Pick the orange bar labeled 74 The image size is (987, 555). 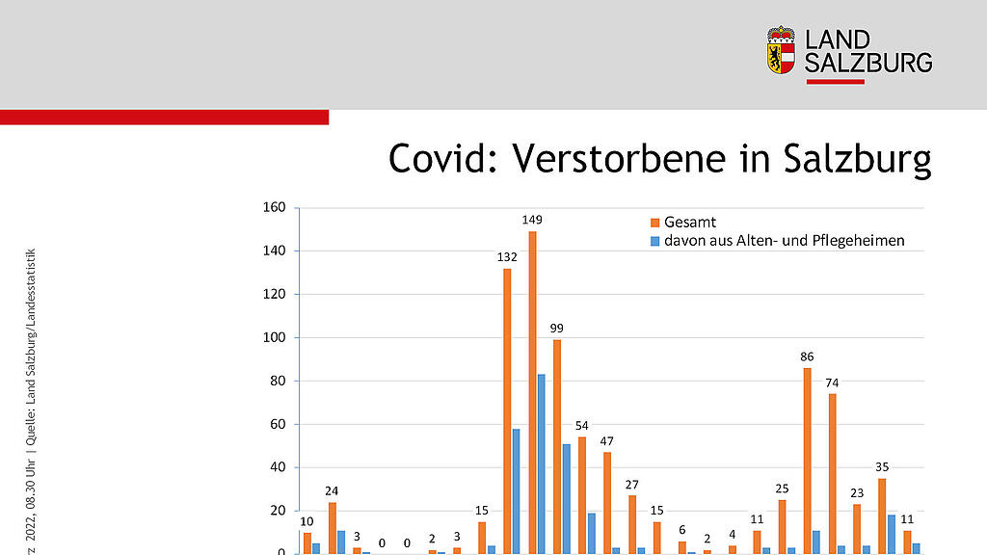coord(832,473)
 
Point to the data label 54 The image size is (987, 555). coord(581,425)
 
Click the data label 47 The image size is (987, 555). coord(606,440)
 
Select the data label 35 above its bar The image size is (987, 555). coord(882,466)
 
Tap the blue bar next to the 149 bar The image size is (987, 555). coord(542,463)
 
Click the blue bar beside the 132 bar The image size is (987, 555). coord(517,490)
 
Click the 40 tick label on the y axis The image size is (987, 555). coord(277,467)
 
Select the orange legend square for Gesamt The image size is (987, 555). coord(654,223)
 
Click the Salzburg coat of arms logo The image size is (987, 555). coord(781,50)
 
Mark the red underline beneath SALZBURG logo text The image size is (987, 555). coord(835,82)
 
